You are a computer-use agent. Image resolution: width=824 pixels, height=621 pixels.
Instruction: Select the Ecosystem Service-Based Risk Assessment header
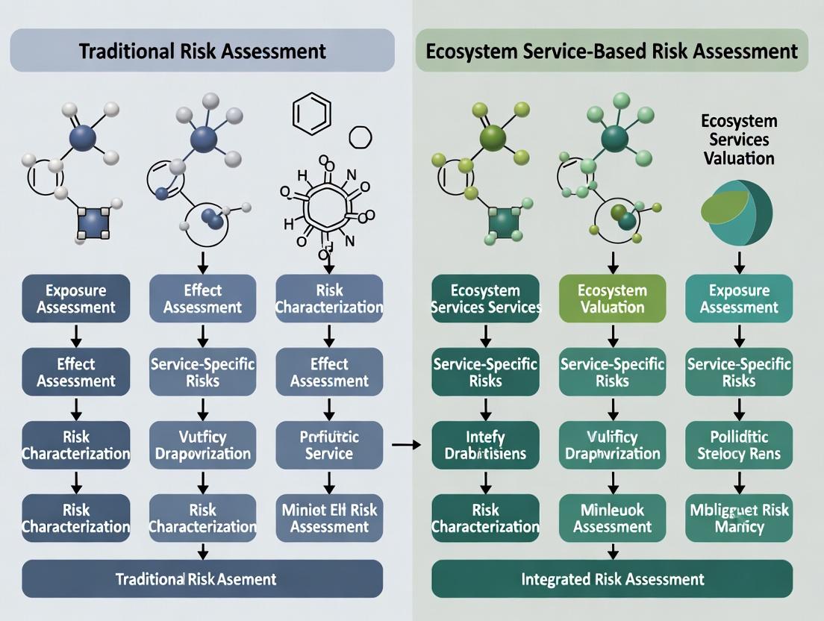click(x=611, y=51)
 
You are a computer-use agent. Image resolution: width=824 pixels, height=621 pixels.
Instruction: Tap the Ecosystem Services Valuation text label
click(x=738, y=140)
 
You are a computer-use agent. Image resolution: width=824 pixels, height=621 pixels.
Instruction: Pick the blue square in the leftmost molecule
click(x=92, y=223)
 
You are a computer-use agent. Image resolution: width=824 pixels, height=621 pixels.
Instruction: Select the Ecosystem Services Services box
click(x=485, y=299)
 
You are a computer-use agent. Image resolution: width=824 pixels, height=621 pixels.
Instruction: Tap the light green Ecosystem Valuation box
click(x=612, y=299)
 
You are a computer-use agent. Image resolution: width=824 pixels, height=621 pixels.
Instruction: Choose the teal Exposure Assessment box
click(x=739, y=299)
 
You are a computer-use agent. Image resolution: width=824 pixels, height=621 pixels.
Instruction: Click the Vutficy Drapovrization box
click(x=203, y=445)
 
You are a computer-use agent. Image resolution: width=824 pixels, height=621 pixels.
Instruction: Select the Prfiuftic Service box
click(x=329, y=445)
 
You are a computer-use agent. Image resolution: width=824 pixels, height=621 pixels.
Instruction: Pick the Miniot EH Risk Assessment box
click(x=329, y=518)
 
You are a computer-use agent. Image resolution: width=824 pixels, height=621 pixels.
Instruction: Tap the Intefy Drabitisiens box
click(x=485, y=445)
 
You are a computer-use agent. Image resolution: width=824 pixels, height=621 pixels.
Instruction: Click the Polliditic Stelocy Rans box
click(x=739, y=445)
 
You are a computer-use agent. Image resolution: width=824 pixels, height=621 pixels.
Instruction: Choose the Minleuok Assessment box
click(x=612, y=518)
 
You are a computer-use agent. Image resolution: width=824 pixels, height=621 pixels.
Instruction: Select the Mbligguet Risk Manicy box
click(x=739, y=518)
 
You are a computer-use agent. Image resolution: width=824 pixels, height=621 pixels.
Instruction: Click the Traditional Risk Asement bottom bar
click(x=202, y=578)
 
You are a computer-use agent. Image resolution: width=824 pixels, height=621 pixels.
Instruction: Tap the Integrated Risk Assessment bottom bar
click(x=612, y=578)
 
